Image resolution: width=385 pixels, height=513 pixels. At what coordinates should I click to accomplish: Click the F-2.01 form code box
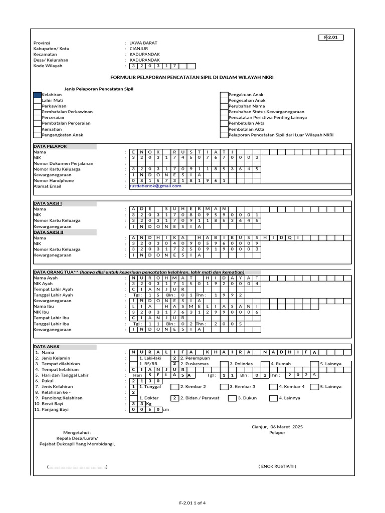pyautogui.click(x=331, y=38)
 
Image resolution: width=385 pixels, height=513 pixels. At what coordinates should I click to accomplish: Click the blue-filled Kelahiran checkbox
pyautogui.click(x=38, y=95)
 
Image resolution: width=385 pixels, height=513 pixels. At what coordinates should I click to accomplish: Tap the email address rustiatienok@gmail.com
pyautogui.click(x=155, y=186)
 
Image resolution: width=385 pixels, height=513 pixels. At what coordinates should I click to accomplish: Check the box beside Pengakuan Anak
pyautogui.click(x=225, y=95)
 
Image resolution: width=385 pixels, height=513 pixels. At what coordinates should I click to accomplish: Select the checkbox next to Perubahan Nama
pyautogui.click(x=225, y=106)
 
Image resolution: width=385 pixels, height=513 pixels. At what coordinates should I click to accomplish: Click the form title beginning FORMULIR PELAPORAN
pyautogui.click(x=192, y=78)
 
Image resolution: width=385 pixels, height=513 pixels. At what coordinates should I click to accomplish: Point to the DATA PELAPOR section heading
pyautogui.click(x=50, y=146)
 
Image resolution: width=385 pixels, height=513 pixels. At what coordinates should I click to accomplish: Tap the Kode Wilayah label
pyautogui.click(x=49, y=66)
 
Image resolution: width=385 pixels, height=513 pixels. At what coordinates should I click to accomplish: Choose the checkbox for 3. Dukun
pyautogui.click(x=233, y=398)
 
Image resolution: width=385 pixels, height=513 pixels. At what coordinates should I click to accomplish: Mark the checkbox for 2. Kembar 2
pyautogui.click(x=175, y=387)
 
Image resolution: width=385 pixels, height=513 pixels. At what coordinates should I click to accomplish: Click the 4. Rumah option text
pyautogui.click(x=280, y=364)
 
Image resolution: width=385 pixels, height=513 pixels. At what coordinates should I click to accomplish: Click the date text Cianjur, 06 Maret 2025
pyautogui.click(x=277, y=427)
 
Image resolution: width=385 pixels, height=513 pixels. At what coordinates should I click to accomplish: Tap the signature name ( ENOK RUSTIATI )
pyautogui.click(x=277, y=466)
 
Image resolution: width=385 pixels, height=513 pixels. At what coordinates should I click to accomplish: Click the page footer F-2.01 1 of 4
pyautogui.click(x=192, y=502)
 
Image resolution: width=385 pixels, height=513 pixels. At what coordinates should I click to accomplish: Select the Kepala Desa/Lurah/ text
pyautogui.click(x=77, y=438)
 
